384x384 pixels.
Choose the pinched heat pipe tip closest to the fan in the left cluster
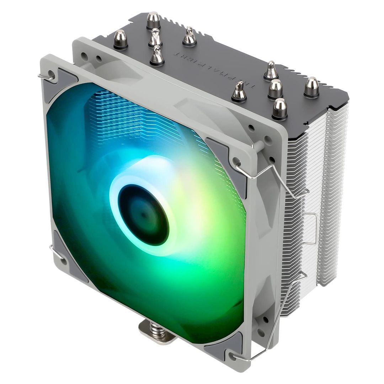point(157,55)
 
